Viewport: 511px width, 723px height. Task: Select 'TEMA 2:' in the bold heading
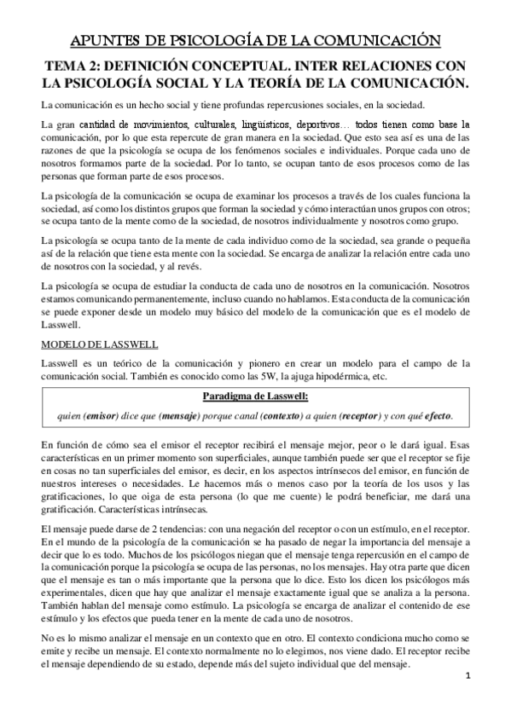[x=73, y=65]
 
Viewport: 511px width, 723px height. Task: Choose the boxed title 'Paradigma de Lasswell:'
[x=254, y=396]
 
